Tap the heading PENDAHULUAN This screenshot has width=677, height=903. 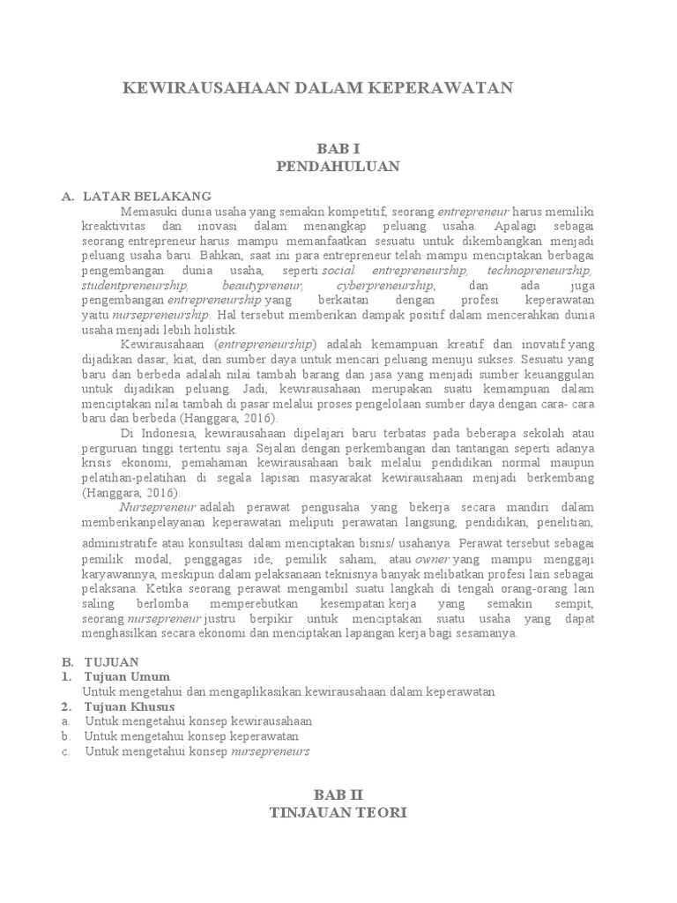click(338, 166)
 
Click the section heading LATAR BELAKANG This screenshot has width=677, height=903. click(147, 197)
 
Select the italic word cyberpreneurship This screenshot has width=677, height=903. click(385, 286)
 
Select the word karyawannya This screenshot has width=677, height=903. click(116, 575)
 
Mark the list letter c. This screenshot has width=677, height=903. click(66, 751)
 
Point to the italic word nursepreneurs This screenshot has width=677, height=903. click(270, 751)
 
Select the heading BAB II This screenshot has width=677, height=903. click(338, 795)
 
